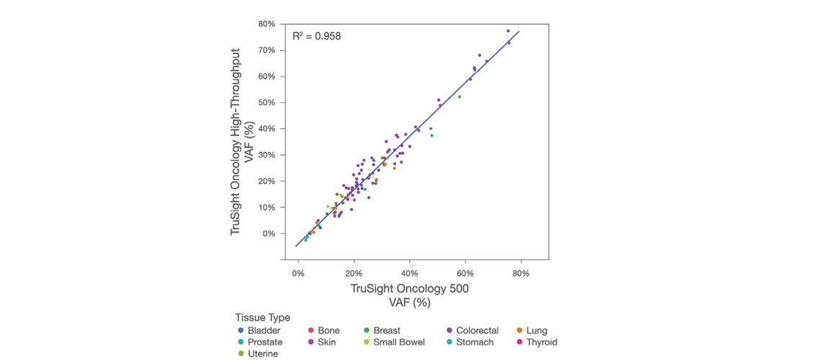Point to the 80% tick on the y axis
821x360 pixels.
pos(266,24)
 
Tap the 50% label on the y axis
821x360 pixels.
pos(266,102)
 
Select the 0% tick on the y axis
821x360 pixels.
pos(269,233)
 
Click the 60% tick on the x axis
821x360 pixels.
pos(465,274)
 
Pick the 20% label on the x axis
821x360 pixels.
pos(354,274)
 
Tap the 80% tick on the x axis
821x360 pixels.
pos(521,274)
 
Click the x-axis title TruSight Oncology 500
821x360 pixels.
pos(410,289)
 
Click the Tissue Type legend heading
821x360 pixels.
pos(262,318)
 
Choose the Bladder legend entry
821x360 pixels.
pos(260,330)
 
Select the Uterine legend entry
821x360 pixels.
pos(260,354)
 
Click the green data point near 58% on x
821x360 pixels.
pos(459,96)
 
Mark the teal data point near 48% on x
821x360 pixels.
pos(431,135)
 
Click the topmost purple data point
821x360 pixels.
pos(508,31)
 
